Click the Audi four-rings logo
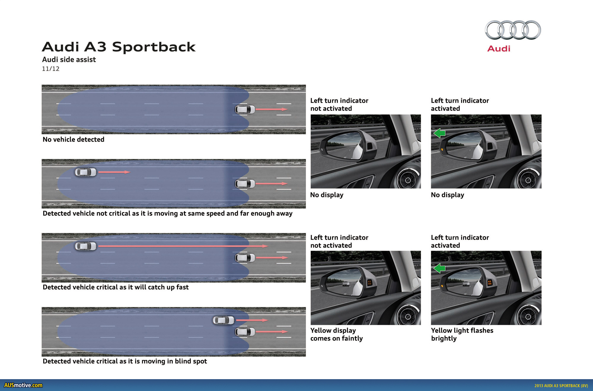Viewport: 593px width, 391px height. [x=513, y=30]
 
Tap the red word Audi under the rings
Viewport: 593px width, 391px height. [x=499, y=49]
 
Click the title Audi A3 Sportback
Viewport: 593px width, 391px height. [x=119, y=47]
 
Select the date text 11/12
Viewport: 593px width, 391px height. [x=51, y=69]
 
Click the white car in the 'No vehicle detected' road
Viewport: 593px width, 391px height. [x=245, y=109]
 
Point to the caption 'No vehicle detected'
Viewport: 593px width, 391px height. [x=74, y=140]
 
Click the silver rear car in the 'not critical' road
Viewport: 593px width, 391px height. [x=86, y=172]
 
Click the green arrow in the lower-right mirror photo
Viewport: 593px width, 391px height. [x=439, y=268]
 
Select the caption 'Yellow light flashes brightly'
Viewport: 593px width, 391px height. [x=462, y=334]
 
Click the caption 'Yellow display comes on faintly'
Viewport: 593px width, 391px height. [x=337, y=334]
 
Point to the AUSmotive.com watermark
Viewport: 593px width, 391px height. [x=23, y=385]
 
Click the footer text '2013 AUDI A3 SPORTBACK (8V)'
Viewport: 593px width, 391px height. [x=561, y=386]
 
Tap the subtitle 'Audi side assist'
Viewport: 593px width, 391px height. [x=69, y=60]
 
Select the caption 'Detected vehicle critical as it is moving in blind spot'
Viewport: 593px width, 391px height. [x=125, y=361]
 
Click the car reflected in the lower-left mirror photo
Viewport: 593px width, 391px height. [x=346, y=284]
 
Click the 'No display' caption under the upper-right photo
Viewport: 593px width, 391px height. [x=447, y=195]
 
